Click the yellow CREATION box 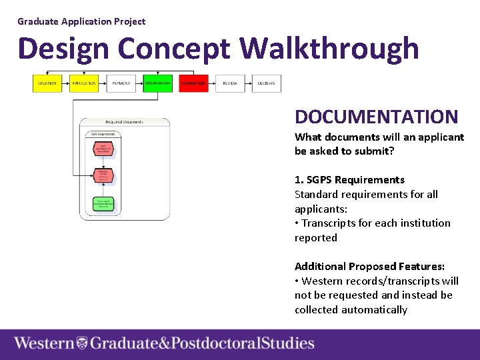(47, 83)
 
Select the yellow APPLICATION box (84, 83)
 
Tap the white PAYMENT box (121, 83)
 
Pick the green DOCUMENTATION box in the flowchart (157, 83)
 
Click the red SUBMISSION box (193, 83)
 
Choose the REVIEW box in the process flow (230, 83)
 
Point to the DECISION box (267, 83)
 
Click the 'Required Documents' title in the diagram (124, 122)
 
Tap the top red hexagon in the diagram (103, 148)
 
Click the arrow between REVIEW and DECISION (249, 83)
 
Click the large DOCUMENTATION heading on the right (376, 117)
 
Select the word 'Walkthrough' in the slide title (329, 49)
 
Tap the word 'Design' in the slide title (63, 49)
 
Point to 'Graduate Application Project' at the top (81, 21)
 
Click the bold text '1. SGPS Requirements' (349, 180)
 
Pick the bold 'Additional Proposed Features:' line (369, 267)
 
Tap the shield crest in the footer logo (82, 344)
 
